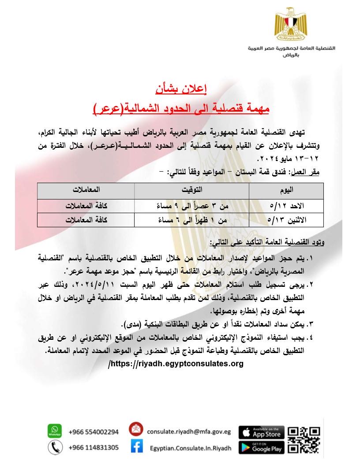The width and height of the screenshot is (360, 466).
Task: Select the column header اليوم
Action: (287, 191)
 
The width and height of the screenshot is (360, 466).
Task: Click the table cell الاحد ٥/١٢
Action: (287, 206)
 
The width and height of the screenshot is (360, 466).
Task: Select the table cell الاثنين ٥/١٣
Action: (287, 219)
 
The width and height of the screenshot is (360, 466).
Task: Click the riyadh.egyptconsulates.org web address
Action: (176, 364)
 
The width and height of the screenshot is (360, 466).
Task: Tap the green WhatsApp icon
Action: (54, 431)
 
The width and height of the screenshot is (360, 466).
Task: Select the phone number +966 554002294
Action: (94, 432)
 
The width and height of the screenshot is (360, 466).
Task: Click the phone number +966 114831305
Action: (94, 447)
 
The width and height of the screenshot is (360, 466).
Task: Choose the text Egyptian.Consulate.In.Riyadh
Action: (190, 448)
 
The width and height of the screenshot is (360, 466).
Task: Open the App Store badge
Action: (262, 432)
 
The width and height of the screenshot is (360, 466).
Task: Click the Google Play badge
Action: (262, 447)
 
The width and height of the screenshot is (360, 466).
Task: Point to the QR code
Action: (304, 440)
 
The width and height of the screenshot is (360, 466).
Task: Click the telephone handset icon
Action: (54, 447)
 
